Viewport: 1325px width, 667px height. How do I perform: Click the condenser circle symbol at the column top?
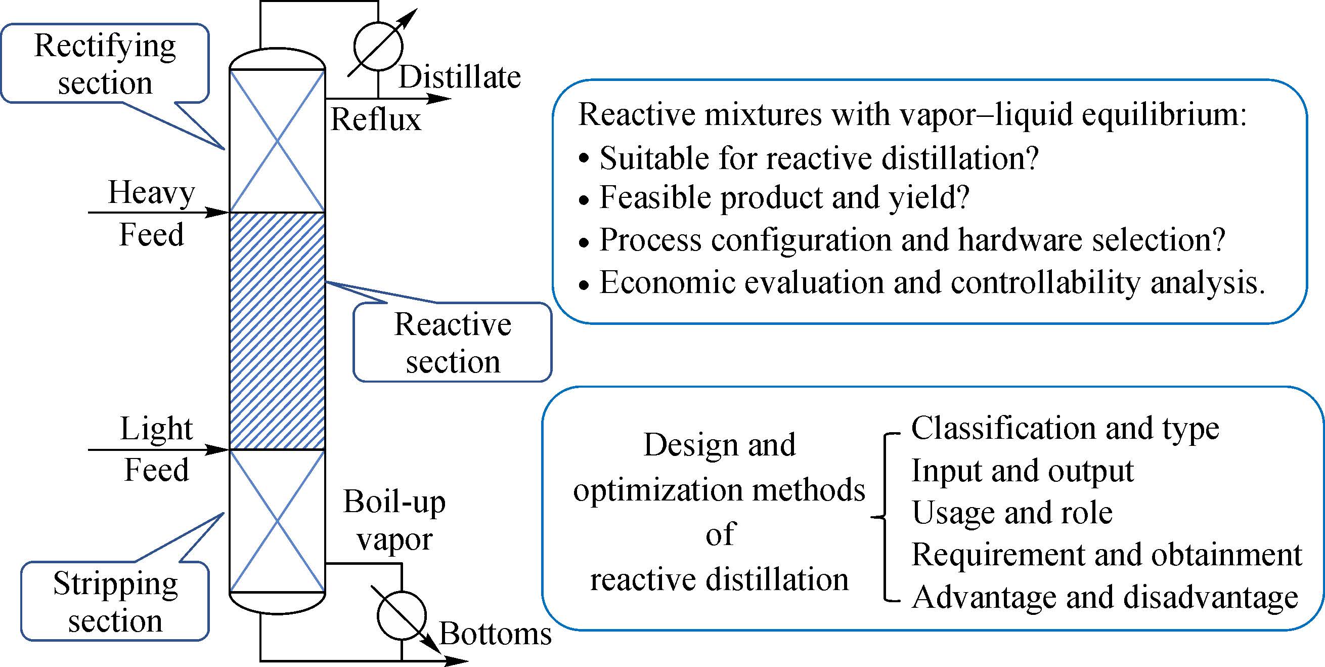pyautogui.click(x=378, y=47)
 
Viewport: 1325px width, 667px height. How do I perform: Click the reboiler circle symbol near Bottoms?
pyautogui.click(x=402, y=616)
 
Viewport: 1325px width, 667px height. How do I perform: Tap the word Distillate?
pyautogui.click(x=460, y=77)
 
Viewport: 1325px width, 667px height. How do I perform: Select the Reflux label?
pyautogui.click(x=375, y=119)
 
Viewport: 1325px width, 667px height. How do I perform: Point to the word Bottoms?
pyautogui.click(x=495, y=633)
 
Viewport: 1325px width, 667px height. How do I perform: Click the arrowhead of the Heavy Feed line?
pyautogui.click(x=218, y=212)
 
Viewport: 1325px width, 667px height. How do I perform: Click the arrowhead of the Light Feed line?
pyautogui.click(x=218, y=450)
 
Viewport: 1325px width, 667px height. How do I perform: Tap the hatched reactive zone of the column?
pyautogui.click(x=277, y=331)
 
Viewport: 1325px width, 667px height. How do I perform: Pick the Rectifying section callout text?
pyautogui.click(x=105, y=64)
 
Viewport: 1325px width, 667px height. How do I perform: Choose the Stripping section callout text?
pyautogui.click(x=115, y=602)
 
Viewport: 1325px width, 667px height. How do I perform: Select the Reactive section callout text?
pyautogui.click(x=453, y=343)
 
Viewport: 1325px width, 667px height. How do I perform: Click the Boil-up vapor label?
pyautogui.click(x=394, y=520)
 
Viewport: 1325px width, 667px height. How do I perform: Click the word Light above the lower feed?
pyautogui.click(x=156, y=428)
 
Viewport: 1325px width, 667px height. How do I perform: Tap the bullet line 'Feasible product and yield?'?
pyautogui.click(x=784, y=198)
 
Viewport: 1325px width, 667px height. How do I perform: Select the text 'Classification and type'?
pyautogui.click(x=1065, y=428)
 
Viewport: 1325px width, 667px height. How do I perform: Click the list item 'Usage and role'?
pyautogui.click(x=1012, y=513)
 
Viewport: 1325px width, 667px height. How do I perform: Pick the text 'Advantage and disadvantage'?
pyautogui.click(x=1105, y=597)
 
